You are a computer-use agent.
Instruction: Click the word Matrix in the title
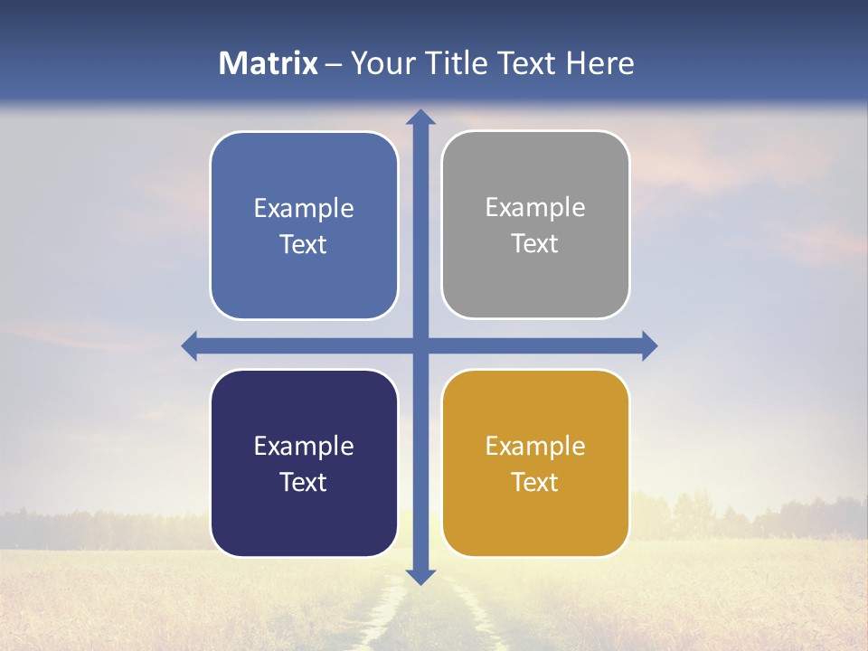click(269, 63)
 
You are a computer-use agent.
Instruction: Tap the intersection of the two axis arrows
click(420, 345)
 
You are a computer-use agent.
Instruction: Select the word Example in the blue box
click(304, 209)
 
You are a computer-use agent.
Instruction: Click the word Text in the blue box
click(304, 245)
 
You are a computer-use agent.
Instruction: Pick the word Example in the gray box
click(535, 208)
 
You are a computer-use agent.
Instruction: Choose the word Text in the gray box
click(535, 244)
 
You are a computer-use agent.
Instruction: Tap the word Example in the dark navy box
click(304, 447)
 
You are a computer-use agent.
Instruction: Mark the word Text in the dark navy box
click(304, 483)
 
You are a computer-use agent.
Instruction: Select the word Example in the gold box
click(535, 447)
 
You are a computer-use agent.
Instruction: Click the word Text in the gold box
click(535, 483)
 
